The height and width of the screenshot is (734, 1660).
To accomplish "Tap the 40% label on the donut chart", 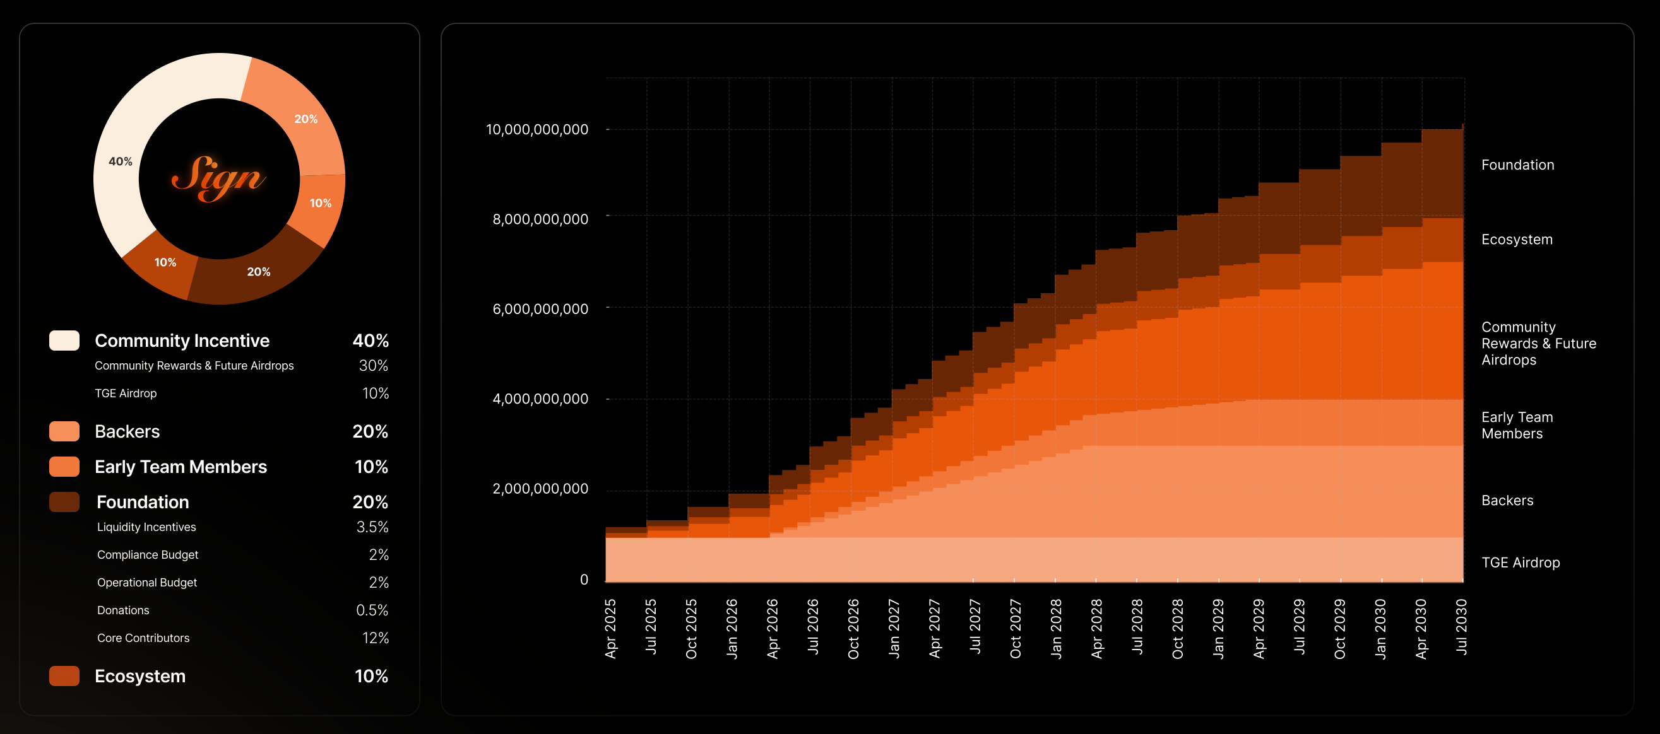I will (121, 161).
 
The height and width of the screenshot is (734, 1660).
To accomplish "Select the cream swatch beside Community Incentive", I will (64, 341).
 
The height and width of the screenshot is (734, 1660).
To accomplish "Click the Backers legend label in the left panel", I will (127, 431).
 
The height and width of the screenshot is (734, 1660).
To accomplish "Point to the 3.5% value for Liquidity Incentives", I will (372, 527).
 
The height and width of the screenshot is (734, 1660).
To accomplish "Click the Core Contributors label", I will (143, 638).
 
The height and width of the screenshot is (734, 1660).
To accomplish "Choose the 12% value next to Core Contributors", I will (375, 638).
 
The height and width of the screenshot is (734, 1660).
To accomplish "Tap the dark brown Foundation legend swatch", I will (64, 502).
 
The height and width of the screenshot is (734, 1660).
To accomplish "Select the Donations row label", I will (123, 610).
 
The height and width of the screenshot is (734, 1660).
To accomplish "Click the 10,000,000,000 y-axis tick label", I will (537, 129).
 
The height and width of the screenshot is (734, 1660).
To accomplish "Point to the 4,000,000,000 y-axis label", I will (540, 399).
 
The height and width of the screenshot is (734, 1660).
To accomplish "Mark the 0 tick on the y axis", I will (584, 580).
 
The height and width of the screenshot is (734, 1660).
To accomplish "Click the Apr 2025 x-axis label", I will (611, 629).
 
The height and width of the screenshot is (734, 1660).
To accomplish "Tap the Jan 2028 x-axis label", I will (1056, 629).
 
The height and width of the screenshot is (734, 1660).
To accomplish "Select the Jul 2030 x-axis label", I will (1462, 627).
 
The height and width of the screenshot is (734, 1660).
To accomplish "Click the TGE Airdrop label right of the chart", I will (1520, 562).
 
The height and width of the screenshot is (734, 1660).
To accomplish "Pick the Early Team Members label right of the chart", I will (1517, 426).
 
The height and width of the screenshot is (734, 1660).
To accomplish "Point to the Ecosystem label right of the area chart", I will (1516, 240).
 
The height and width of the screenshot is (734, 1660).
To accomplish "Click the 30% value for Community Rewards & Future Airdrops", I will (373, 366).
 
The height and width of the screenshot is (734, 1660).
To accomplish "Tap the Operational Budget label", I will (147, 583).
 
